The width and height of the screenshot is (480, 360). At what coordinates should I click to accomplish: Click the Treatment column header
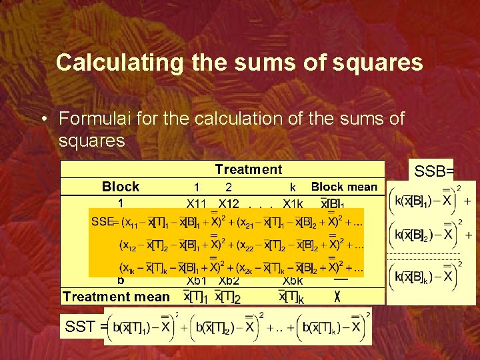[x=248, y=170]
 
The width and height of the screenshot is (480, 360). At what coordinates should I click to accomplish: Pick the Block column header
[x=121, y=187]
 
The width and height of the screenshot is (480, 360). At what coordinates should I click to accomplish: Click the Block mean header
[x=344, y=187]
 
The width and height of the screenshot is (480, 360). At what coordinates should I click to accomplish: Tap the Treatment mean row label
[x=116, y=296]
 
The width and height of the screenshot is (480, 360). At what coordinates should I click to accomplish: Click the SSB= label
[x=434, y=171]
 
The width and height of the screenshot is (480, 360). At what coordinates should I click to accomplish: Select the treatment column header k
[x=293, y=187]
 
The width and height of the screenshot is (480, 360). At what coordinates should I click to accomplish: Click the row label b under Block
[x=121, y=281]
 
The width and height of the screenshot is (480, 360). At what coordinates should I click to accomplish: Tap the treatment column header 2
[x=229, y=188]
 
